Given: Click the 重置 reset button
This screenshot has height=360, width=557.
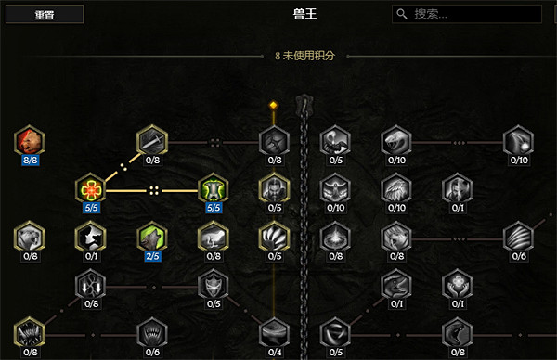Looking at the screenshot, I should tap(44, 14).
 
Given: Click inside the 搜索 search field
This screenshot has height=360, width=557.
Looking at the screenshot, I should tap(473, 14).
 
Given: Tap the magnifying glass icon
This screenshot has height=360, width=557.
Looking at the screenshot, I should tap(402, 14).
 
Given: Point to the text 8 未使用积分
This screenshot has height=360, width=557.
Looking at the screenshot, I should tap(305, 56).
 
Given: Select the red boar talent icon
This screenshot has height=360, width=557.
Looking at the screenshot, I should tap(29, 141).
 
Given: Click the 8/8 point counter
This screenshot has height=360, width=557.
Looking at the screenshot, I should tap(29, 160).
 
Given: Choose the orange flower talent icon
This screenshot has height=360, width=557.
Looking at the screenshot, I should tap(90, 189).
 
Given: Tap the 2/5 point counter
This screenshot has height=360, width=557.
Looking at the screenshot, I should tap(151, 256).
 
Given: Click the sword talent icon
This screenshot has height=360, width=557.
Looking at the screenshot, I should tap(151, 141).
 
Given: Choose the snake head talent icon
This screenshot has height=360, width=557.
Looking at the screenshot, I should tap(396, 141).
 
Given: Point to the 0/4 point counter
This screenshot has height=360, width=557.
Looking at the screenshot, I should tap(275, 352).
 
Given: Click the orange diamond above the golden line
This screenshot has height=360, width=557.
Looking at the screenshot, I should tap(274, 104).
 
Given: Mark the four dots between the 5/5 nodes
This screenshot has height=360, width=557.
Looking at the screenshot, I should tap(154, 190).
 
